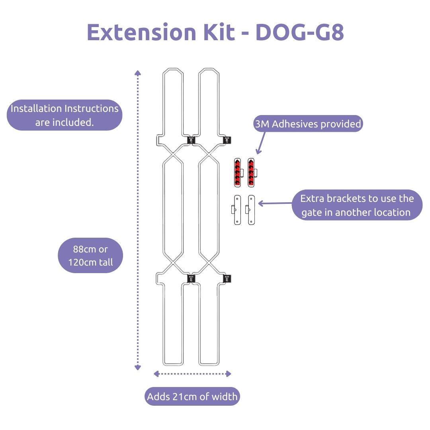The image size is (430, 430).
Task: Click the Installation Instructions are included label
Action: point(64,115)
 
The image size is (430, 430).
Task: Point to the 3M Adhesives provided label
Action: point(308,124)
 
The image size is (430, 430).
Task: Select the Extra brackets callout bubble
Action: point(357,205)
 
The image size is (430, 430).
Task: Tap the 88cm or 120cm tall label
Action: point(90,255)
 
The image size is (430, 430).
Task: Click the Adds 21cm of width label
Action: point(192,397)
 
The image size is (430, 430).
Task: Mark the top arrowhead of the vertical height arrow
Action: point(138,73)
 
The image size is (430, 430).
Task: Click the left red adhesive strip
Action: point(238,173)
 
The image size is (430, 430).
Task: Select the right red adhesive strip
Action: point(251,173)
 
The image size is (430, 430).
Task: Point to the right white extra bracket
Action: point(250,210)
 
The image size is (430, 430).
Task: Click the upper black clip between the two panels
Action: point(191,140)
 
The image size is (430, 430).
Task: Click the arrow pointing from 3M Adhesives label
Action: point(262,142)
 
